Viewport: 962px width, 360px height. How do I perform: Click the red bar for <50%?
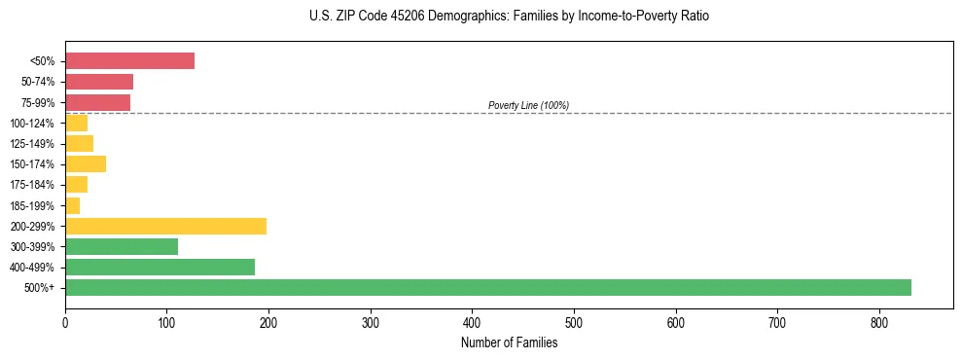[x=129, y=61]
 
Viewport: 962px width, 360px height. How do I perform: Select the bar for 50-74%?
[x=99, y=82]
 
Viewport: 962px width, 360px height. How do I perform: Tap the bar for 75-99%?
[x=97, y=102]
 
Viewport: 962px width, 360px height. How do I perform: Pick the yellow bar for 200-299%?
[x=165, y=226]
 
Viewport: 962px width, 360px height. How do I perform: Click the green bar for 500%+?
[x=487, y=287]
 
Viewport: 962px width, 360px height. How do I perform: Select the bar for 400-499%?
[x=160, y=267]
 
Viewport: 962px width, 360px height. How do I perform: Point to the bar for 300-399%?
[x=122, y=246]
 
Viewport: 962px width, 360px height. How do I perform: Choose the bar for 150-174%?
[x=86, y=163]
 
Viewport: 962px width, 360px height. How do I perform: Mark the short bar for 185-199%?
[x=73, y=205]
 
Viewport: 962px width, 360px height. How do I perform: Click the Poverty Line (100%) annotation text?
[x=528, y=105]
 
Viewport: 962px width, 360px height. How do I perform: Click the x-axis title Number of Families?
[x=509, y=342]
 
